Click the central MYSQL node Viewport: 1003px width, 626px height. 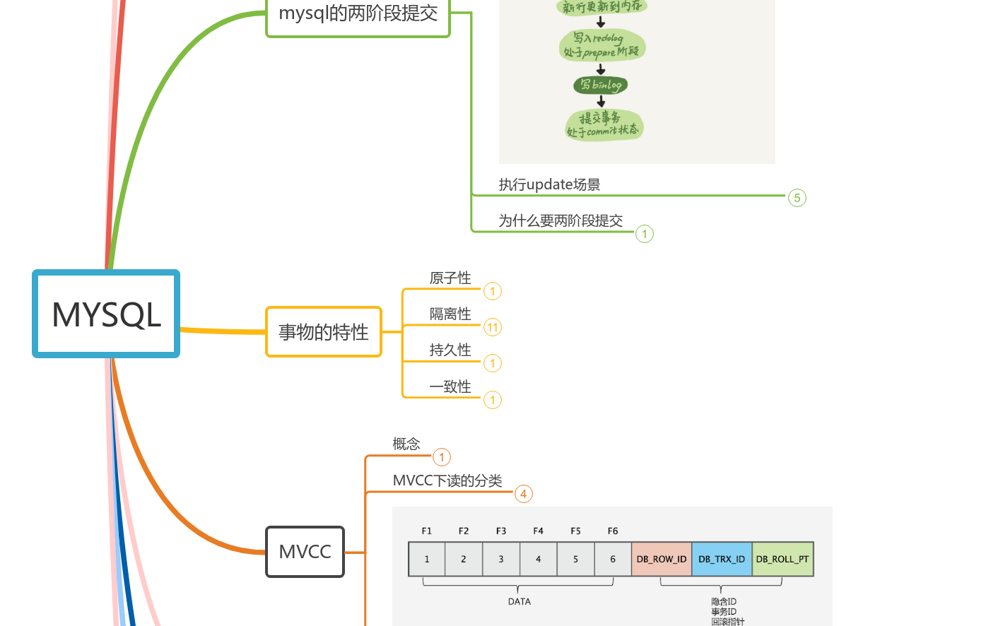(106, 314)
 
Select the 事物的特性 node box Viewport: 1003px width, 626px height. (324, 332)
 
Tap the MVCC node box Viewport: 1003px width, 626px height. (305, 552)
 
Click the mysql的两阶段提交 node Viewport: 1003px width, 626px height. (358, 14)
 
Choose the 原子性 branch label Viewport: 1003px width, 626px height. (450, 278)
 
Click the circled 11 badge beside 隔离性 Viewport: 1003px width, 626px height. (493, 327)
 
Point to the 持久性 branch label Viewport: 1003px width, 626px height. (450, 350)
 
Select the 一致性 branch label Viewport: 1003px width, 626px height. (450, 387)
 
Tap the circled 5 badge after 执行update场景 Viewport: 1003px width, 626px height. (797, 198)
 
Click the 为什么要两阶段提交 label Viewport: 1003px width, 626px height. (561, 221)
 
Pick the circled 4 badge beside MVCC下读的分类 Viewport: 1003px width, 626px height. (523, 494)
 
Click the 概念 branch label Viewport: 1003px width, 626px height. (406, 444)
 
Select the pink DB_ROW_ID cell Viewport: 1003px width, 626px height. (661, 559)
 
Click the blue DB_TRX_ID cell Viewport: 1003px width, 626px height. (722, 559)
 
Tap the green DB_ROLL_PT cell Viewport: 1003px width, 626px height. (782, 559)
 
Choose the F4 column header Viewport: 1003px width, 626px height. (538, 531)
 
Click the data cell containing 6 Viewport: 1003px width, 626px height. (613, 559)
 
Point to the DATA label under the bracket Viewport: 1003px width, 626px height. (519, 601)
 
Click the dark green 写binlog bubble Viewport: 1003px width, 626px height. (601, 85)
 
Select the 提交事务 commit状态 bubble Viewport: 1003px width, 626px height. (604, 125)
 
